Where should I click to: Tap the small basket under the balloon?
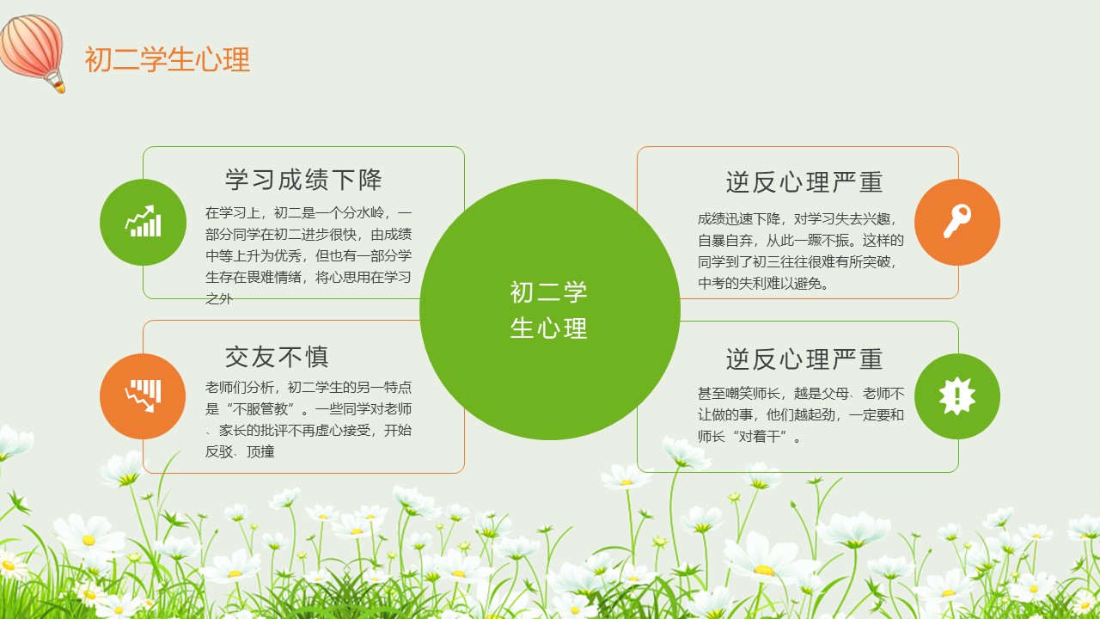59,88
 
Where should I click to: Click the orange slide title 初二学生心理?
168,59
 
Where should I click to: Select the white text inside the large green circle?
548,310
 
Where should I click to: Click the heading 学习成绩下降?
303,180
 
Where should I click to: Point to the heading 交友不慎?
277,357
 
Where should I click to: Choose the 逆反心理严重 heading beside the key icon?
804,181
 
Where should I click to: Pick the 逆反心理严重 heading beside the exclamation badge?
804,359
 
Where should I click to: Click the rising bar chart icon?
143,221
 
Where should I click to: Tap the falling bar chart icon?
143,395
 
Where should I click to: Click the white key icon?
957,221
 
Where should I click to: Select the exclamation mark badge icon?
957,396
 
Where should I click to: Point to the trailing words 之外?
219,298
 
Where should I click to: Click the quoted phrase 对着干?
760,436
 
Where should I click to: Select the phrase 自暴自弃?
725,240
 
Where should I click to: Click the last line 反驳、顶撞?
240,451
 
